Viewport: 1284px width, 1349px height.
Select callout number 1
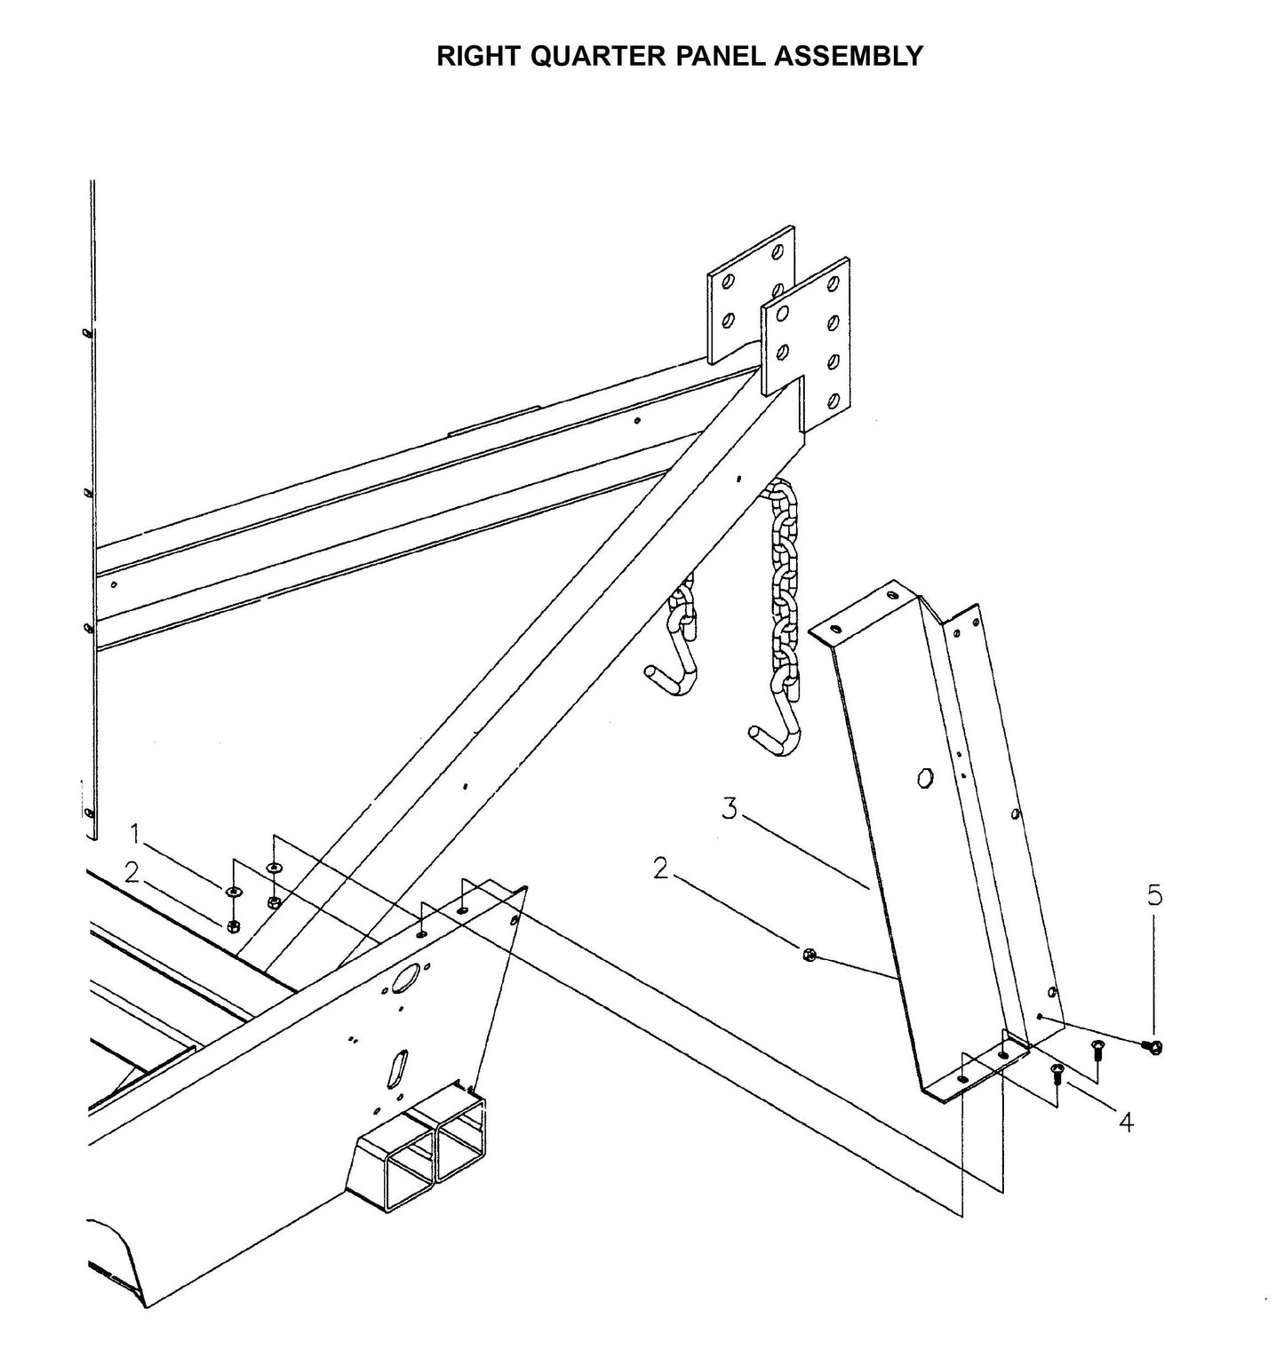136,833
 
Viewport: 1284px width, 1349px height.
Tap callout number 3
730,808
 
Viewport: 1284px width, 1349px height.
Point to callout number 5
1154,895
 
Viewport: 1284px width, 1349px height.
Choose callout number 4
1126,1123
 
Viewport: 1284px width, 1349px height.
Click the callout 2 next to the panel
660,869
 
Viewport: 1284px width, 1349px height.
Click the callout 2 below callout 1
132,873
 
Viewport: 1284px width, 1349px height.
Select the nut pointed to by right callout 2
809,956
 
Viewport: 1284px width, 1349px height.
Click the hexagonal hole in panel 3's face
925,778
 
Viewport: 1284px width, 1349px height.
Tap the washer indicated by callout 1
233,891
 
